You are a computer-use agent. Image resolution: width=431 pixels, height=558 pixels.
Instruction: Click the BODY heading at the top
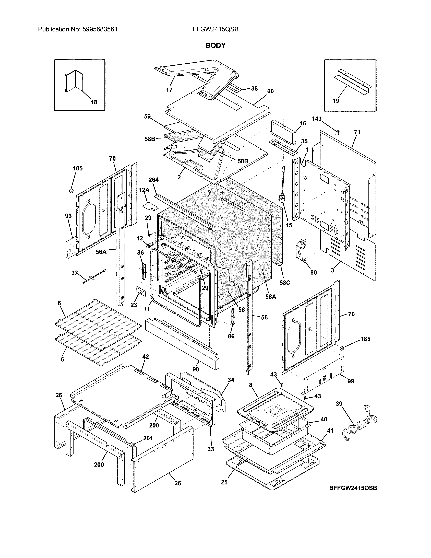pyautogui.click(x=215, y=45)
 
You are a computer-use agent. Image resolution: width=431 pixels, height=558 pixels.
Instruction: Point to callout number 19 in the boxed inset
pyautogui.click(x=336, y=101)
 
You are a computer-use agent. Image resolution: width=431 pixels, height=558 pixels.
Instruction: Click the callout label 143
pyautogui.click(x=317, y=119)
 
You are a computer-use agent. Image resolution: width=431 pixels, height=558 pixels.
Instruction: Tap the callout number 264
pyautogui.click(x=153, y=180)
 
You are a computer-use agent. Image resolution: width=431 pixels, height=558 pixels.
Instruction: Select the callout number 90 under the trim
pyautogui.click(x=196, y=369)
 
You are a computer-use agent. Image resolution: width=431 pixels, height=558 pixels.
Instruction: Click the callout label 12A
pyautogui.click(x=144, y=190)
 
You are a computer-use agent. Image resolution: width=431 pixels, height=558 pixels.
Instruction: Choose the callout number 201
pyautogui.click(x=148, y=438)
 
